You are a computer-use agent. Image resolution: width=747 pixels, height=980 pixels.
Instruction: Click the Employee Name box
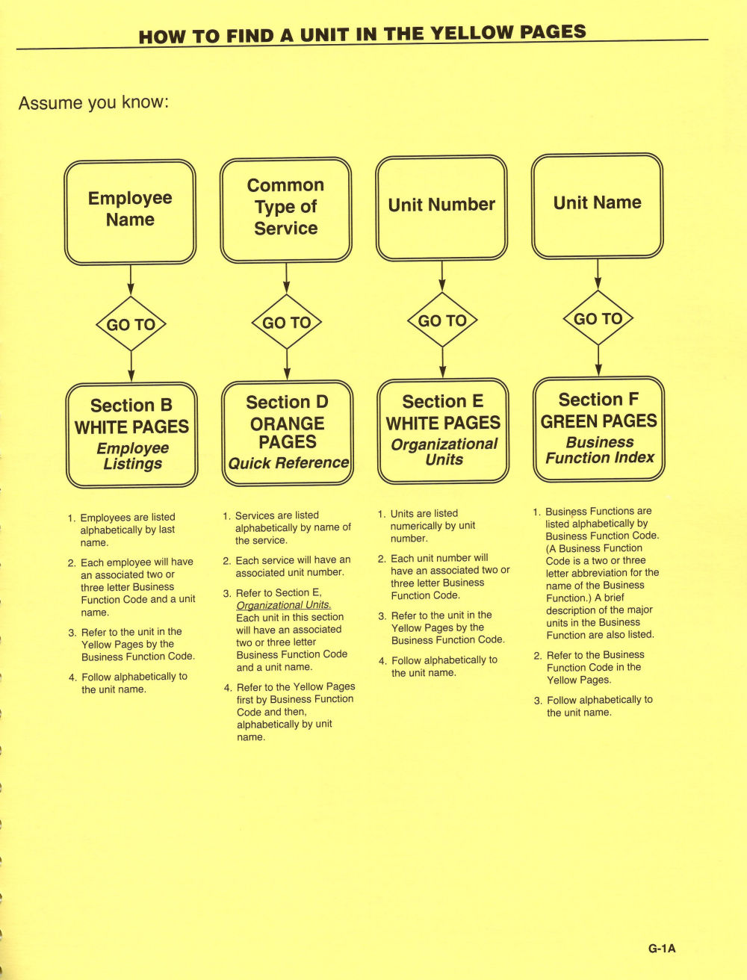pyautogui.click(x=130, y=212)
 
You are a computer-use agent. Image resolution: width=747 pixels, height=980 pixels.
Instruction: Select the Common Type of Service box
pyautogui.click(x=286, y=210)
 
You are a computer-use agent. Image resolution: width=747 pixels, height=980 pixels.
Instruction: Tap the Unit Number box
pyautogui.click(x=441, y=208)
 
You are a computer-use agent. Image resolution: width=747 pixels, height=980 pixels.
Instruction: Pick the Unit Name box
pyautogui.click(x=598, y=206)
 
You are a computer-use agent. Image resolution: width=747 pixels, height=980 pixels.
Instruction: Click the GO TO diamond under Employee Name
pyautogui.click(x=131, y=323)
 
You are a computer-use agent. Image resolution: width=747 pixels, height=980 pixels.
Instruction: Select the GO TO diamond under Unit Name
pyautogui.click(x=598, y=318)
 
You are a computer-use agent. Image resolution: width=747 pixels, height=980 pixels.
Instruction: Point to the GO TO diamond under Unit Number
pyautogui.click(x=442, y=320)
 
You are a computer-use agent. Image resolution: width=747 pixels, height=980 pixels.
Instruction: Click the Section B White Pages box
pyautogui.click(x=131, y=435)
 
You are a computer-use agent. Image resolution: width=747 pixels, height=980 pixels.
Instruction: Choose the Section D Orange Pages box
pyautogui.click(x=288, y=432)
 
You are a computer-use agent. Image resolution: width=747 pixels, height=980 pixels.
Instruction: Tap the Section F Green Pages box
pyautogui.click(x=599, y=429)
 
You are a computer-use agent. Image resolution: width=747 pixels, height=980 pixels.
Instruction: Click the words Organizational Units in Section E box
pyautogui.click(x=444, y=451)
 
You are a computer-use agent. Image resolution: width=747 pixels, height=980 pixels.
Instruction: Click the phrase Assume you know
pyautogui.click(x=94, y=102)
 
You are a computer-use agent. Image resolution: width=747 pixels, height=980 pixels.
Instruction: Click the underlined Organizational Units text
pyautogui.click(x=284, y=605)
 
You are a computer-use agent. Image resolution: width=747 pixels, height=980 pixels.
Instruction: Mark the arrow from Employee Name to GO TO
pyautogui.click(x=131, y=281)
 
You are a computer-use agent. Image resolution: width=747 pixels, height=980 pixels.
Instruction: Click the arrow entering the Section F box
pyautogui.click(x=598, y=361)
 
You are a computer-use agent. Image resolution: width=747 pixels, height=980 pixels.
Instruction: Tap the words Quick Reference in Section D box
pyautogui.click(x=288, y=462)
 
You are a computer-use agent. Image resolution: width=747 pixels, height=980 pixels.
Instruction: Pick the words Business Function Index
pyautogui.click(x=600, y=450)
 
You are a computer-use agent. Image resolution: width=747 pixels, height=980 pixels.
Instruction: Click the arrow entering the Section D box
pyautogui.click(x=287, y=365)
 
